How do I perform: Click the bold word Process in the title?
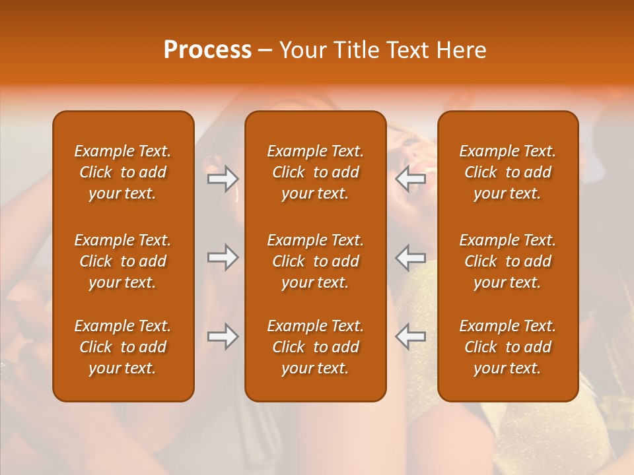[x=207, y=50]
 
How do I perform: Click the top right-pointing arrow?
[x=223, y=178]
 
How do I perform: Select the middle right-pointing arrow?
[x=223, y=257]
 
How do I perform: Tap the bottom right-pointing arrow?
[x=223, y=336]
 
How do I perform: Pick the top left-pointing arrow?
[x=411, y=178]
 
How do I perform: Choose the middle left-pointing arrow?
[x=411, y=257]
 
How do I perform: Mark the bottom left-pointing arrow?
[x=411, y=336]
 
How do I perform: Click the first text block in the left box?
[x=123, y=172]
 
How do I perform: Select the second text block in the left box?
[x=123, y=261]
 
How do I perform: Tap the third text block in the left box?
[x=123, y=347]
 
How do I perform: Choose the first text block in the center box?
[x=315, y=172]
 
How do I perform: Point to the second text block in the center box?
[x=315, y=261]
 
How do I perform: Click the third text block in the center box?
[x=315, y=347]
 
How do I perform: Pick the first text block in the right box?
[x=507, y=172]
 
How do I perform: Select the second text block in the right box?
[x=507, y=261]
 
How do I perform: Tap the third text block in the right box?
[x=507, y=347]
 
